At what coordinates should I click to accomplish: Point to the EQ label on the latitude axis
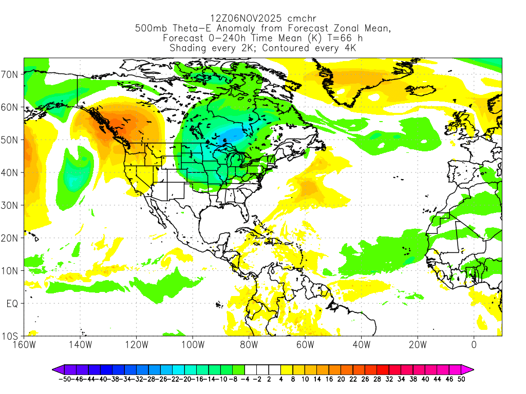(x=12, y=304)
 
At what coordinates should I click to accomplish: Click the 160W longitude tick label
(x=25, y=345)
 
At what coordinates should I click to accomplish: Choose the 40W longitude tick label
(x=362, y=345)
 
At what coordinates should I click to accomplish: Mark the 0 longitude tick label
(x=474, y=345)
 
